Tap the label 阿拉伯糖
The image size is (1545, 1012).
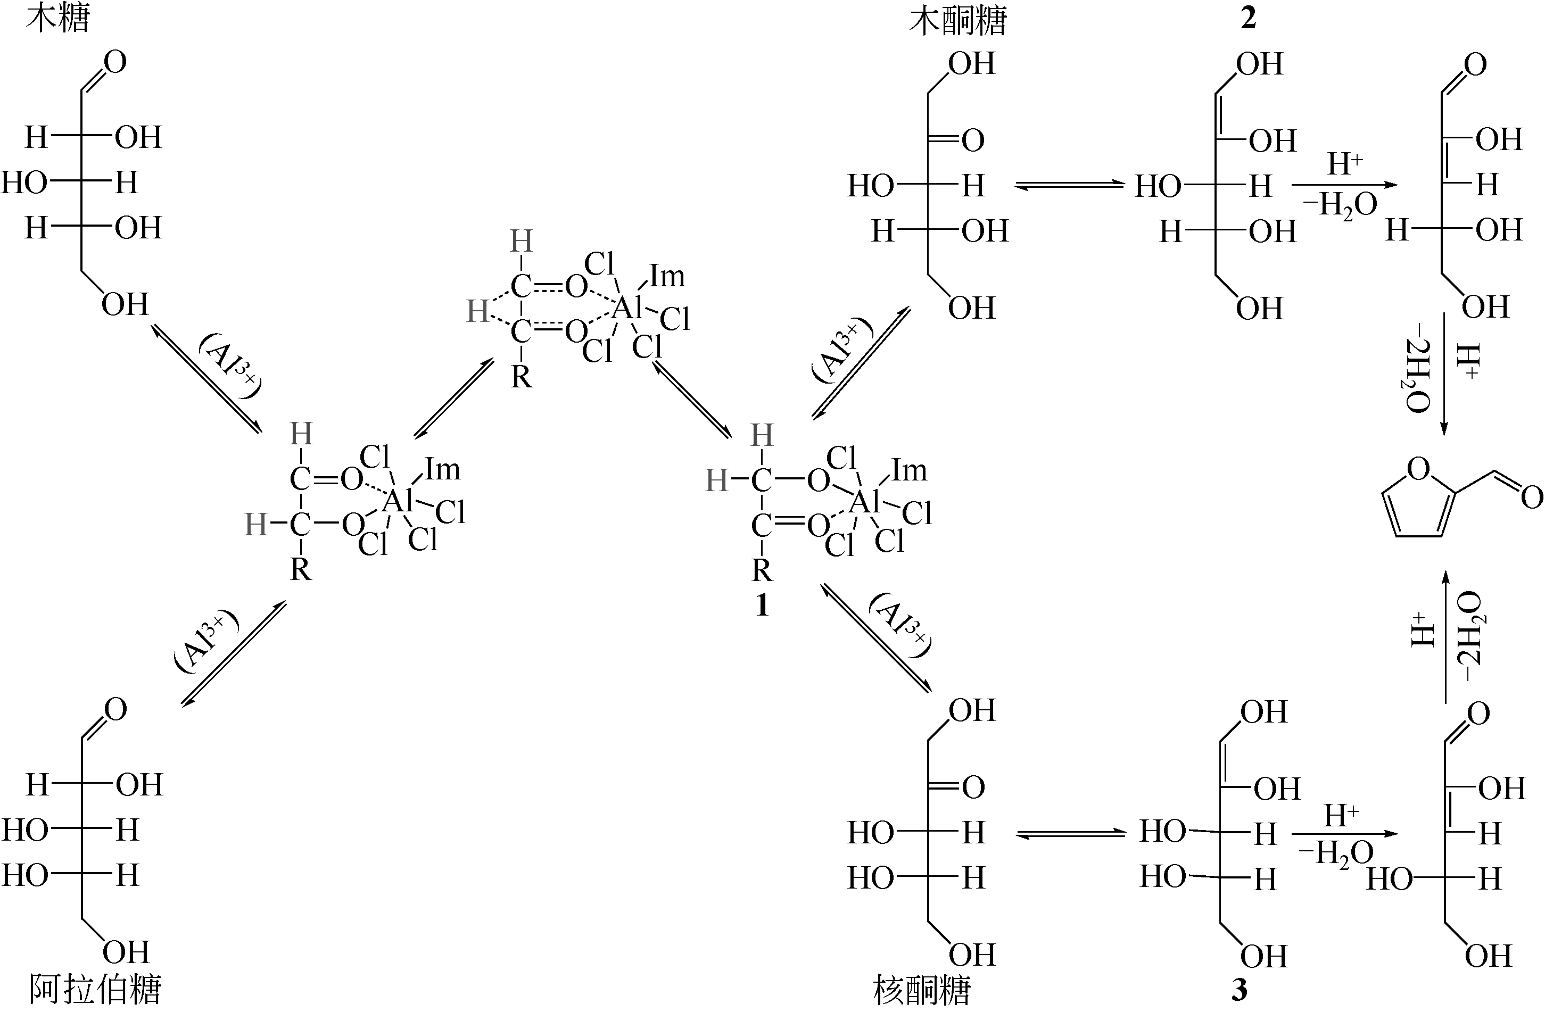tap(95, 991)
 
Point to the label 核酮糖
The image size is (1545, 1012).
tap(922, 991)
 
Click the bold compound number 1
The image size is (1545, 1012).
tap(762, 605)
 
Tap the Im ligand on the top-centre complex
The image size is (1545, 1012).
tap(667, 277)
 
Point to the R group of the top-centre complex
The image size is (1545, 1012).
tap(521, 377)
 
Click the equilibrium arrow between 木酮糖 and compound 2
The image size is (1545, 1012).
tap(1070, 186)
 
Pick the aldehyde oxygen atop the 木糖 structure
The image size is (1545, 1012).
tap(114, 62)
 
